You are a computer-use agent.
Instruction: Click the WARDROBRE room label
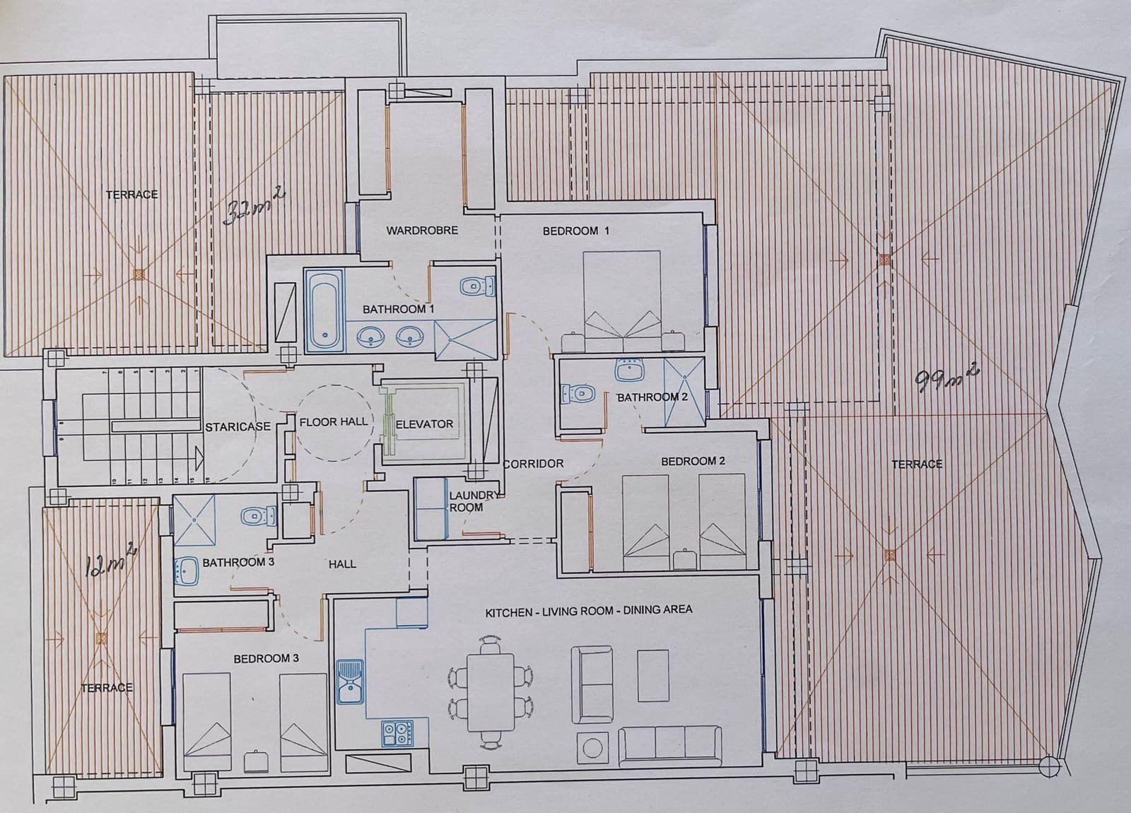click(422, 230)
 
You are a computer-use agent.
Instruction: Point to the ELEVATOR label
click(424, 424)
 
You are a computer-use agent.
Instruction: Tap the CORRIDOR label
click(534, 464)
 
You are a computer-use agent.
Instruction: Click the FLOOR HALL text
click(334, 422)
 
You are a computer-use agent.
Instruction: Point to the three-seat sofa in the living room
click(670, 747)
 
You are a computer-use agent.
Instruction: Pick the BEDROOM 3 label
click(266, 658)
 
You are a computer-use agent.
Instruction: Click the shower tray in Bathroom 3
click(194, 520)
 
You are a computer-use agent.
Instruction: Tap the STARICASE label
click(238, 427)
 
